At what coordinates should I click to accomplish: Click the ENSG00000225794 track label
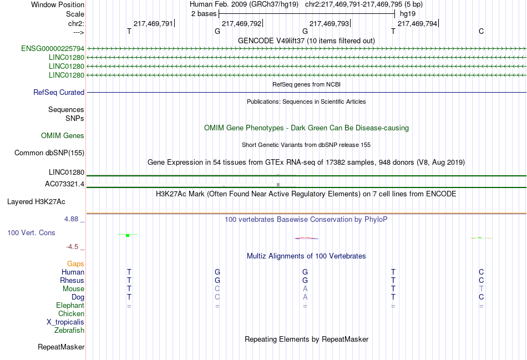(x=53, y=49)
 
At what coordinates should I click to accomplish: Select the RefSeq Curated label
(x=59, y=93)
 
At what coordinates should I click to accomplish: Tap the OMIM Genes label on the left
(x=63, y=135)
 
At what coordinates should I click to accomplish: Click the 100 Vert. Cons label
(x=31, y=233)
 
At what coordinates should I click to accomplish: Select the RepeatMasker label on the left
(x=61, y=347)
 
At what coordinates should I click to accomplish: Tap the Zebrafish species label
(x=69, y=331)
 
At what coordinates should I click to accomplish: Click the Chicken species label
(x=71, y=314)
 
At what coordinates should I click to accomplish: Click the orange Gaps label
(x=75, y=263)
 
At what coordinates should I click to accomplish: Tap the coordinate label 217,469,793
(x=329, y=24)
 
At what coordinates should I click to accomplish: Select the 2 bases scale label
(x=202, y=14)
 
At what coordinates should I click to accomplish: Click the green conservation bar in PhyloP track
(x=128, y=235)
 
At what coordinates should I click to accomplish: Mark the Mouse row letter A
(x=305, y=288)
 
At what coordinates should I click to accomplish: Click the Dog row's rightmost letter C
(x=481, y=297)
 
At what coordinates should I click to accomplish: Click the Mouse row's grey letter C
(x=217, y=288)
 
